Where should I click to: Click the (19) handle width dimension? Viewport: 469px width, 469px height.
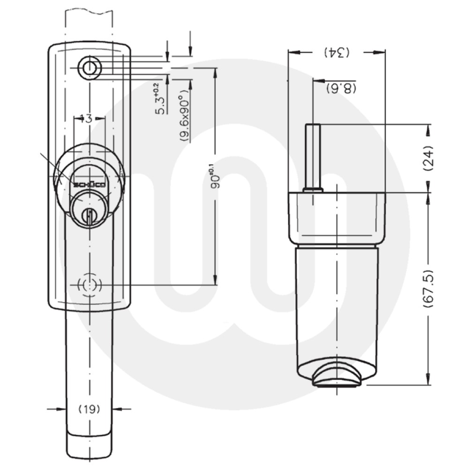pyautogui.click(x=89, y=409)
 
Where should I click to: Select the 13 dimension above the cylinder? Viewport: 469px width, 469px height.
pyautogui.click(x=85, y=119)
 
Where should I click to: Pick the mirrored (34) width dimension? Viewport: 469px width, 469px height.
pyautogui.click(x=336, y=53)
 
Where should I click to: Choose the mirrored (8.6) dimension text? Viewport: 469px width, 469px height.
pyautogui.click(x=341, y=88)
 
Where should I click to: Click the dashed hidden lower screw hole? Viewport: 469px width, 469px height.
pyautogui.click(x=89, y=285)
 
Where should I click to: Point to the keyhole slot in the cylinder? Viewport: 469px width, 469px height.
pyautogui.click(x=88, y=216)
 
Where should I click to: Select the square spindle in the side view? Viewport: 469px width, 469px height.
pyautogui.click(x=313, y=157)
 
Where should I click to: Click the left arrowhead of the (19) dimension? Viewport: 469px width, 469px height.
pyautogui.click(x=61, y=409)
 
